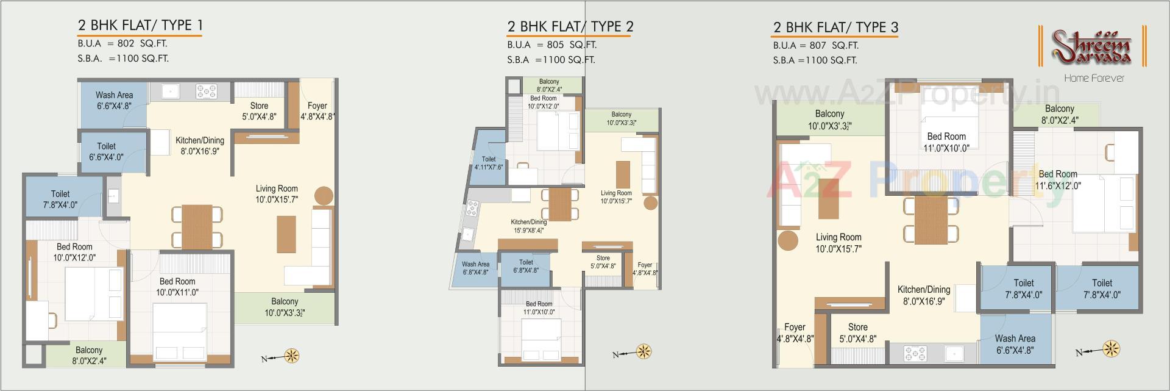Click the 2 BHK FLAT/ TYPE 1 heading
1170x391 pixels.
(140, 25)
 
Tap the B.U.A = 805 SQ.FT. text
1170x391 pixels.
(551, 45)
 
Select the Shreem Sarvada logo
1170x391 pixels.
(1092, 48)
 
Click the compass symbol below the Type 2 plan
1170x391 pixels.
(643, 351)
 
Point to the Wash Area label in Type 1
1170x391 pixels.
(114, 100)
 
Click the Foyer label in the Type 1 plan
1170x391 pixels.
(317, 110)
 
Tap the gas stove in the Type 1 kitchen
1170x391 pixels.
(206, 91)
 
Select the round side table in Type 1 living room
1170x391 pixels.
(324, 195)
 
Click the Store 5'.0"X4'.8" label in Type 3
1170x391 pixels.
(857, 332)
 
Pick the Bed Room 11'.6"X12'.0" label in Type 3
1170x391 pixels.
(1058, 179)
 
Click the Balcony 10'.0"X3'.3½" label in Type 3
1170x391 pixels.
(829, 120)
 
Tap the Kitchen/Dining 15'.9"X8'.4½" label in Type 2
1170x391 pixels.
(528, 226)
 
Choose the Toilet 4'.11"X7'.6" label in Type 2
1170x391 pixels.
(489, 163)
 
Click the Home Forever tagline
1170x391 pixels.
(1094, 78)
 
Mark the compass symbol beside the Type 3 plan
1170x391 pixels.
(1111, 350)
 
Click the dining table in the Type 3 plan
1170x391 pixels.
(931, 220)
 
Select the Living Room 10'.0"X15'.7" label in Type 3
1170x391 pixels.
(838, 243)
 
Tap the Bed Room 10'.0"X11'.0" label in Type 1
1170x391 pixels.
(177, 287)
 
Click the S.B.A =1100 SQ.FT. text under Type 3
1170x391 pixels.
(815, 60)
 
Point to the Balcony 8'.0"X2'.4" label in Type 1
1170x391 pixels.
(89, 355)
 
